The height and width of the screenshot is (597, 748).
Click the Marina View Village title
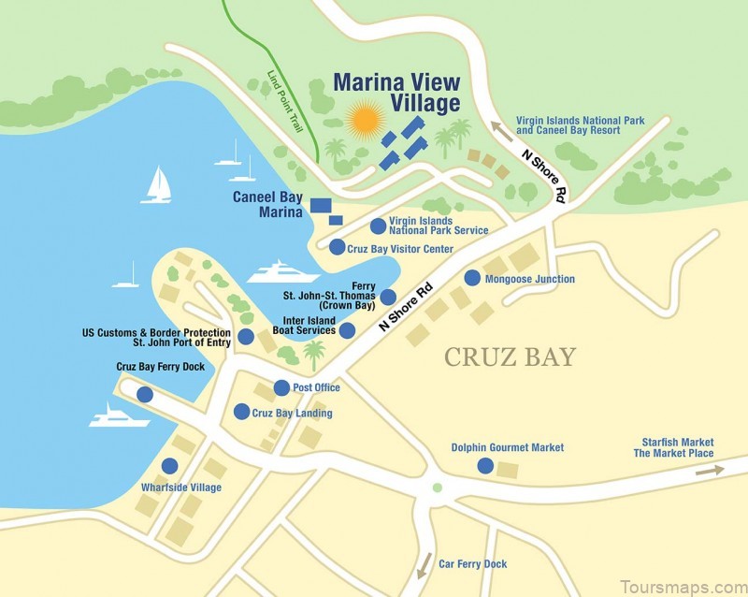397,92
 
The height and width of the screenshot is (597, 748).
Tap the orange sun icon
364,121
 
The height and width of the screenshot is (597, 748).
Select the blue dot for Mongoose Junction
472,278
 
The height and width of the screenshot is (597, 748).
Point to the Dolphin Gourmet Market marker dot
484,465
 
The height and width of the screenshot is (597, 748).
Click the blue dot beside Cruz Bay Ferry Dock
145,395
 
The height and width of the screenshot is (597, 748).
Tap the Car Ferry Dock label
473,564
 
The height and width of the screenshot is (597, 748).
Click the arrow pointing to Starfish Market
709,470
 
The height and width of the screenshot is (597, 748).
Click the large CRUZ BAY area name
510,357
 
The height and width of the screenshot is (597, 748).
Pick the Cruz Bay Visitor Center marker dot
337,247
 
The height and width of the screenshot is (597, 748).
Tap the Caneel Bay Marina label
268,205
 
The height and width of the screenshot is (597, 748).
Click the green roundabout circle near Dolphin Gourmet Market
437,488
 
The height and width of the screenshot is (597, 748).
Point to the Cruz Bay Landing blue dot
242,412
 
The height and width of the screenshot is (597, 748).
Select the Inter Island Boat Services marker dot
347,330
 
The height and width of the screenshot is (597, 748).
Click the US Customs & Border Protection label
156,338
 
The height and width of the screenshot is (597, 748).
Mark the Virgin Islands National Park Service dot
378,226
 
